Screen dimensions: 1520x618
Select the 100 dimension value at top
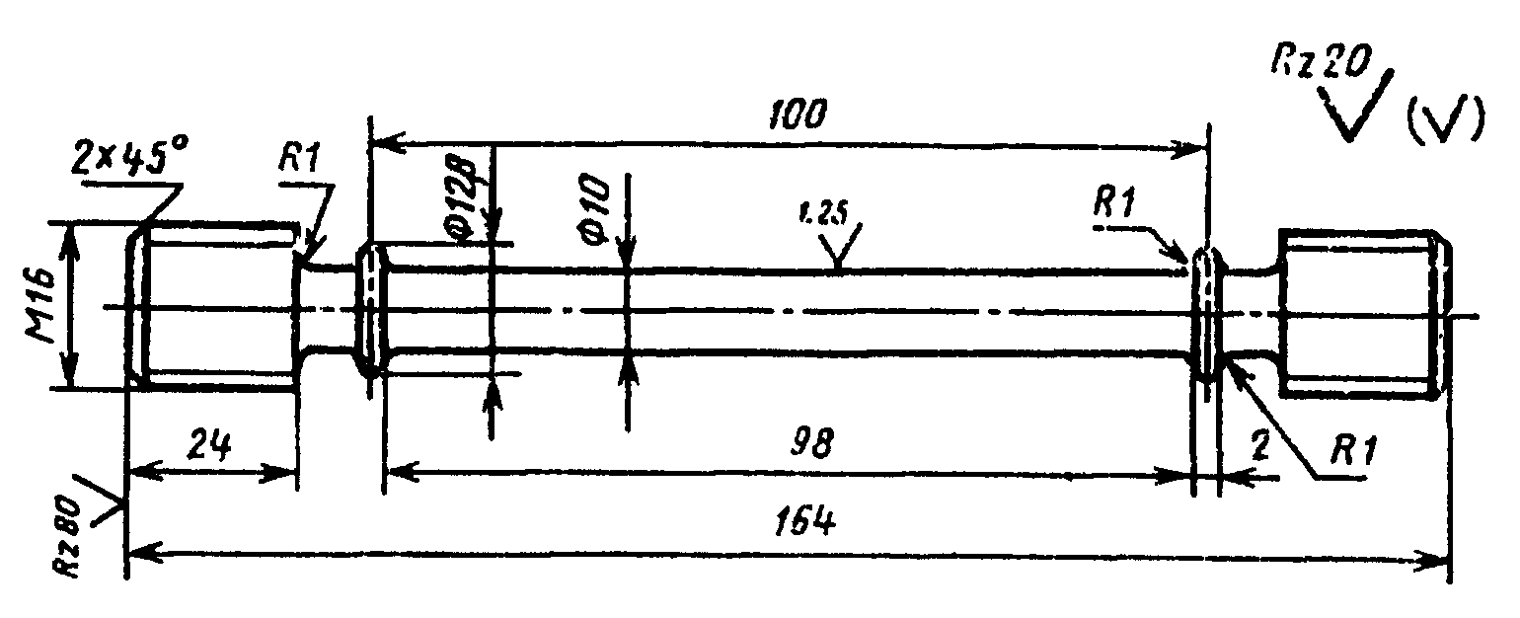[796, 115]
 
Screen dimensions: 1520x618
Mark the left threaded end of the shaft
[217, 306]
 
